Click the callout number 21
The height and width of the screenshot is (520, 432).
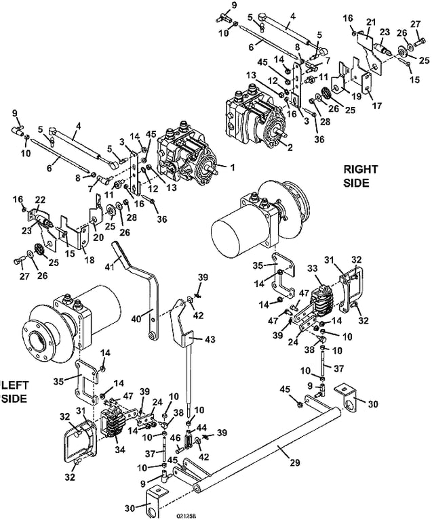(x=370, y=23)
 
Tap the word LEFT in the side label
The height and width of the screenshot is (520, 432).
(x=16, y=384)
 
